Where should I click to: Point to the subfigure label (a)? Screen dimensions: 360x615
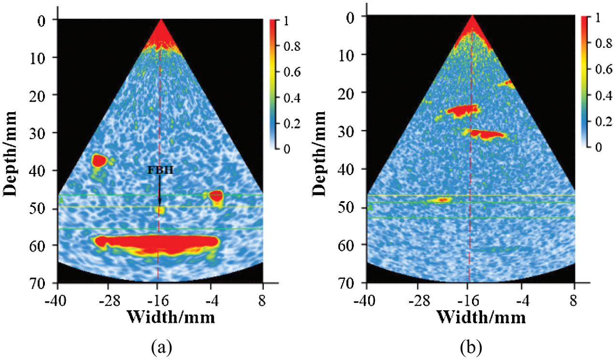pos(160,347)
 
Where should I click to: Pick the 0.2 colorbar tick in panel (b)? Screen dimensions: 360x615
pos(601,122)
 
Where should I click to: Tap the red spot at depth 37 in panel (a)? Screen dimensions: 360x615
pos(99,160)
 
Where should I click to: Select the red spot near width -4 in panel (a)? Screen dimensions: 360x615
pos(215,196)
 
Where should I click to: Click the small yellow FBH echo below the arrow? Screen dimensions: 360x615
pos(159,210)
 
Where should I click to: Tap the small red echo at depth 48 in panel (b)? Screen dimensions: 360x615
pos(442,199)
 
